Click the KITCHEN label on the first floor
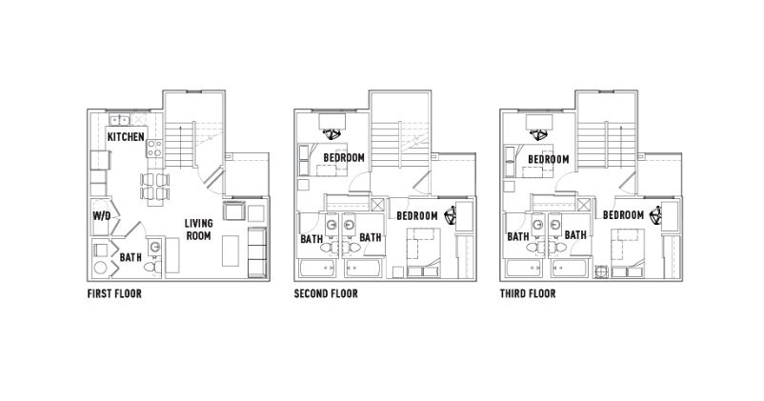tap(126, 138)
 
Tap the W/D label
tap(102, 216)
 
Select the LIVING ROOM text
tap(198, 230)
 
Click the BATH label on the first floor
tap(131, 257)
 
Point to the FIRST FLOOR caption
tap(114, 294)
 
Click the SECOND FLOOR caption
tap(326, 294)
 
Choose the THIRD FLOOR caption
tap(528, 294)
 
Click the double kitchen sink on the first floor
tap(120, 120)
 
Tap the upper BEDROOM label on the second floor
tap(343, 158)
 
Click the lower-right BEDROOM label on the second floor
tap(418, 216)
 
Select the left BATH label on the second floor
tap(311, 238)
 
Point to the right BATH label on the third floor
tap(575, 235)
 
